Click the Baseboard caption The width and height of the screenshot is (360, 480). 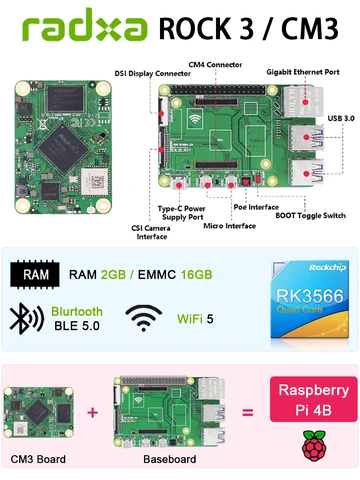click(x=163, y=461)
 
